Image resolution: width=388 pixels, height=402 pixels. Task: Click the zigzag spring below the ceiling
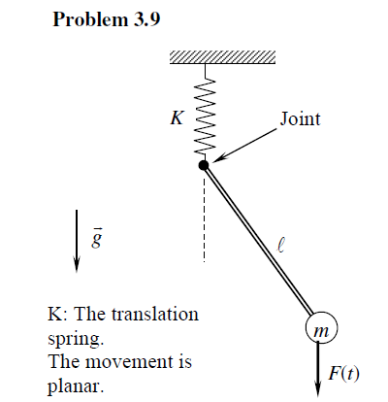pos(206,112)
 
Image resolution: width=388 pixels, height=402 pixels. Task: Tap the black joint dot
pos(204,166)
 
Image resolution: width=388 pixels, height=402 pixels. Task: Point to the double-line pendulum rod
pos(257,243)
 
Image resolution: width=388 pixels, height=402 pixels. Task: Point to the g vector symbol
pos(95,236)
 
